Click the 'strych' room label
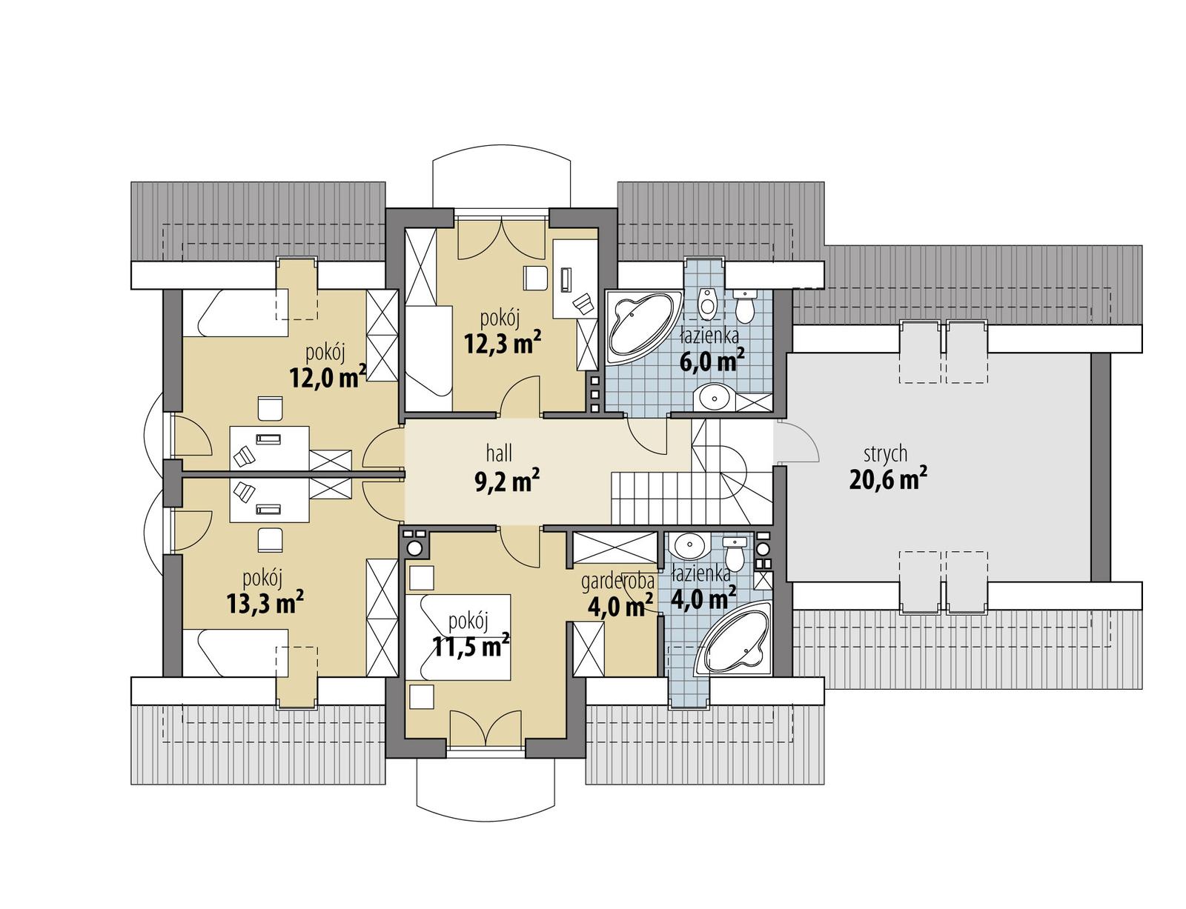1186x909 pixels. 885,453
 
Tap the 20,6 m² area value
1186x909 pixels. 887,480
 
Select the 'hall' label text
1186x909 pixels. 499,453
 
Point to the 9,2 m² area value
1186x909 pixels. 506,482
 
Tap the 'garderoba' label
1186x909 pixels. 617,582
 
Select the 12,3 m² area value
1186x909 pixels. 502,343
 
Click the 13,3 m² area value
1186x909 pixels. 265,603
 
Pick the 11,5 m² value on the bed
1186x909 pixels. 470,647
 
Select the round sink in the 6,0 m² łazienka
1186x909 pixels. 714,398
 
